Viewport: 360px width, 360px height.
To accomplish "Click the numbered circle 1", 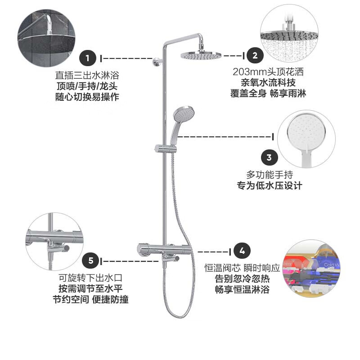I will (88, 58).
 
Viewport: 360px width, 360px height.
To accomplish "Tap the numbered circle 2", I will (255, 56).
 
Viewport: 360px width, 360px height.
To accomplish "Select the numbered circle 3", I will (269, 157).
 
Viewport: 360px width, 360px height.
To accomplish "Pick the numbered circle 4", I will (242, 251).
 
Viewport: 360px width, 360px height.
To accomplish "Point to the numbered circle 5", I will (90, 261).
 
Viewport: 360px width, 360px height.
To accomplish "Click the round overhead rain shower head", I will (201, 55).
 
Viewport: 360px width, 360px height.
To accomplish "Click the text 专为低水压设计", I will (269, 185).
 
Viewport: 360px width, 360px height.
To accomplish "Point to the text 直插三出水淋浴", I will (87, 74).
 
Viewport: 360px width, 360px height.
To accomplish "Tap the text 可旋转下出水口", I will (90, 277).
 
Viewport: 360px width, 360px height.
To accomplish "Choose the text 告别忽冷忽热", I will (242, 279).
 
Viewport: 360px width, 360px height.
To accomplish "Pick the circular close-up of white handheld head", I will (306, 140).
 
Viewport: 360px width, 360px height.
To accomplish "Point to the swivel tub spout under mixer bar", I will (173, 259).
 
